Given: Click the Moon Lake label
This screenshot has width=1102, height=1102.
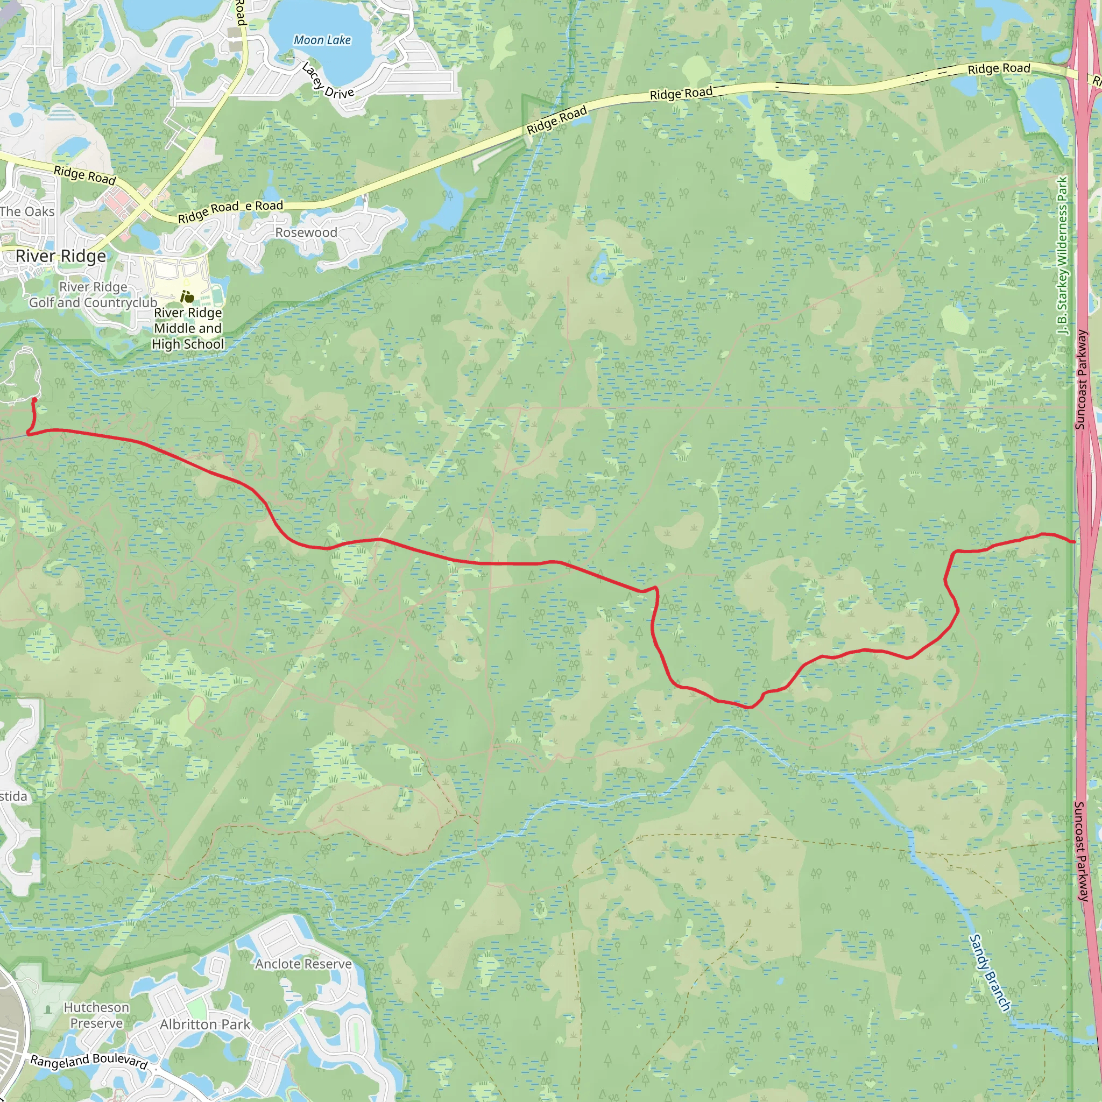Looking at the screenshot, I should (322, 40).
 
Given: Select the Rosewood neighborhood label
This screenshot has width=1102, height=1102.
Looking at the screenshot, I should (306, 232).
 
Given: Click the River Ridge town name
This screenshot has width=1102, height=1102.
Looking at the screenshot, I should (60, 256).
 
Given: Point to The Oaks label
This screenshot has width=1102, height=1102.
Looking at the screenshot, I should (27, 211).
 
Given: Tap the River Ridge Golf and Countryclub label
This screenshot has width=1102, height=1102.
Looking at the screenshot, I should (93, 295).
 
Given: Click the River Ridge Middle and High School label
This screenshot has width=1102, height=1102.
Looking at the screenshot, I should (188, 329).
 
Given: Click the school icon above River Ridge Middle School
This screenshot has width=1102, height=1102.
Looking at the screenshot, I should (187, 296).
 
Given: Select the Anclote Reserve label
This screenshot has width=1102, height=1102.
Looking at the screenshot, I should (303, 964).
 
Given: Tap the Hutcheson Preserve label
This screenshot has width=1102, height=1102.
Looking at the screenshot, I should (96, 1015).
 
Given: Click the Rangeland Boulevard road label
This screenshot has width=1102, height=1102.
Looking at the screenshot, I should (89, 1062).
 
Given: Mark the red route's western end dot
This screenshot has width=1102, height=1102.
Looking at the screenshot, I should (34, 400).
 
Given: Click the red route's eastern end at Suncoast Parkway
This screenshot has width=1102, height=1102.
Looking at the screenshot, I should (1075, 541).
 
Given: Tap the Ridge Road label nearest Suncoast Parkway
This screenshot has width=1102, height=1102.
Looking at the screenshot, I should (999, 69).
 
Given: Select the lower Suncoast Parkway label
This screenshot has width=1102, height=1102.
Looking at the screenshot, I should (1082, 852).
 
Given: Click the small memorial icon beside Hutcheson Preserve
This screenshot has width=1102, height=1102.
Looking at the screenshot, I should (48, 1009).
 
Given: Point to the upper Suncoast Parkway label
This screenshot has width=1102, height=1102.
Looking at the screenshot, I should (1081, 380).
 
